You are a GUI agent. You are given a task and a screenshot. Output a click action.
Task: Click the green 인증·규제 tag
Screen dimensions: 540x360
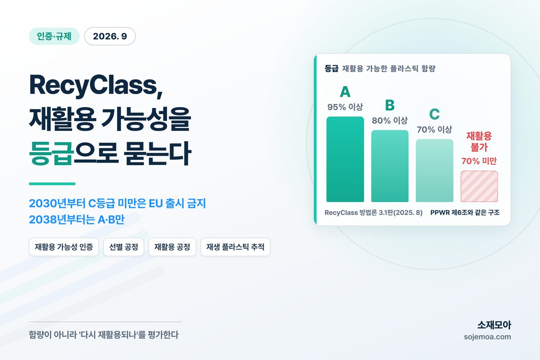(x=54, y=36)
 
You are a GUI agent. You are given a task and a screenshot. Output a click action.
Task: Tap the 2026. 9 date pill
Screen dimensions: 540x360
(x=110, y=36)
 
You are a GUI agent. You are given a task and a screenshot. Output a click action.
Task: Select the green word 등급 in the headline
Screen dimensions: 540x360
(x=51, y=153)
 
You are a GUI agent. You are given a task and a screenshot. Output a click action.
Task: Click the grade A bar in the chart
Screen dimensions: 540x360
(x=345, y=159)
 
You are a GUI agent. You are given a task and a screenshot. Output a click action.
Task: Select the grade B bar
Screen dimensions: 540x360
(x=390, y=166)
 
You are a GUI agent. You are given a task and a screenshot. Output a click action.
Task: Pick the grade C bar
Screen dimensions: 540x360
(x=434, y=171)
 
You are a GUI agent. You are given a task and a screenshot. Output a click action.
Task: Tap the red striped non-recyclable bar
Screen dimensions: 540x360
(x=479, y=186)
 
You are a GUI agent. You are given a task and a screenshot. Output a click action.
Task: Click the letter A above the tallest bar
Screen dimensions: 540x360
(x=345, y=92)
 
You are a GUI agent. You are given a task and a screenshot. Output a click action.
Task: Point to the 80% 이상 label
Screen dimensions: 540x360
(x=390, y=120)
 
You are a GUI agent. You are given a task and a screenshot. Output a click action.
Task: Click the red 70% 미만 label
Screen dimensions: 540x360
(x=479, y=161)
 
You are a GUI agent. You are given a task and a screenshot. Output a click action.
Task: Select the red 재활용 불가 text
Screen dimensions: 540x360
(x=479, y=142)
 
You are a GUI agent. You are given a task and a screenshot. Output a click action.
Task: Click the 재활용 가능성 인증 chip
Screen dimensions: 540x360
(x=64, y=247)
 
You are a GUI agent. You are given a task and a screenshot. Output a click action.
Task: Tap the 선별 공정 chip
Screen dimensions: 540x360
(x=124, y=247)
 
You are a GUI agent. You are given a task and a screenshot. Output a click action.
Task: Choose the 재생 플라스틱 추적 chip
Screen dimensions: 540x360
(x=235, y=247)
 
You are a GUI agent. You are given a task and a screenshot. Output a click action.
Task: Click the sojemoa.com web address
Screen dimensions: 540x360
(x=487, y=337)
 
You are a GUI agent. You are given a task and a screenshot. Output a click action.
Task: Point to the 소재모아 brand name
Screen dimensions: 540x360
(x=494, y=325)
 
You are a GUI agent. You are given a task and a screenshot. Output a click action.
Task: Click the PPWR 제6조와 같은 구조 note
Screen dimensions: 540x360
(x=465, y=212)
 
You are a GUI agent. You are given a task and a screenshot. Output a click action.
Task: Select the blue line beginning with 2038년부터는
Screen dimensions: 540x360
(x=76, y=220)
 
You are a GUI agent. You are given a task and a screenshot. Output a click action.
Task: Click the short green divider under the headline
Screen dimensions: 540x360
(x=52, y=184)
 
